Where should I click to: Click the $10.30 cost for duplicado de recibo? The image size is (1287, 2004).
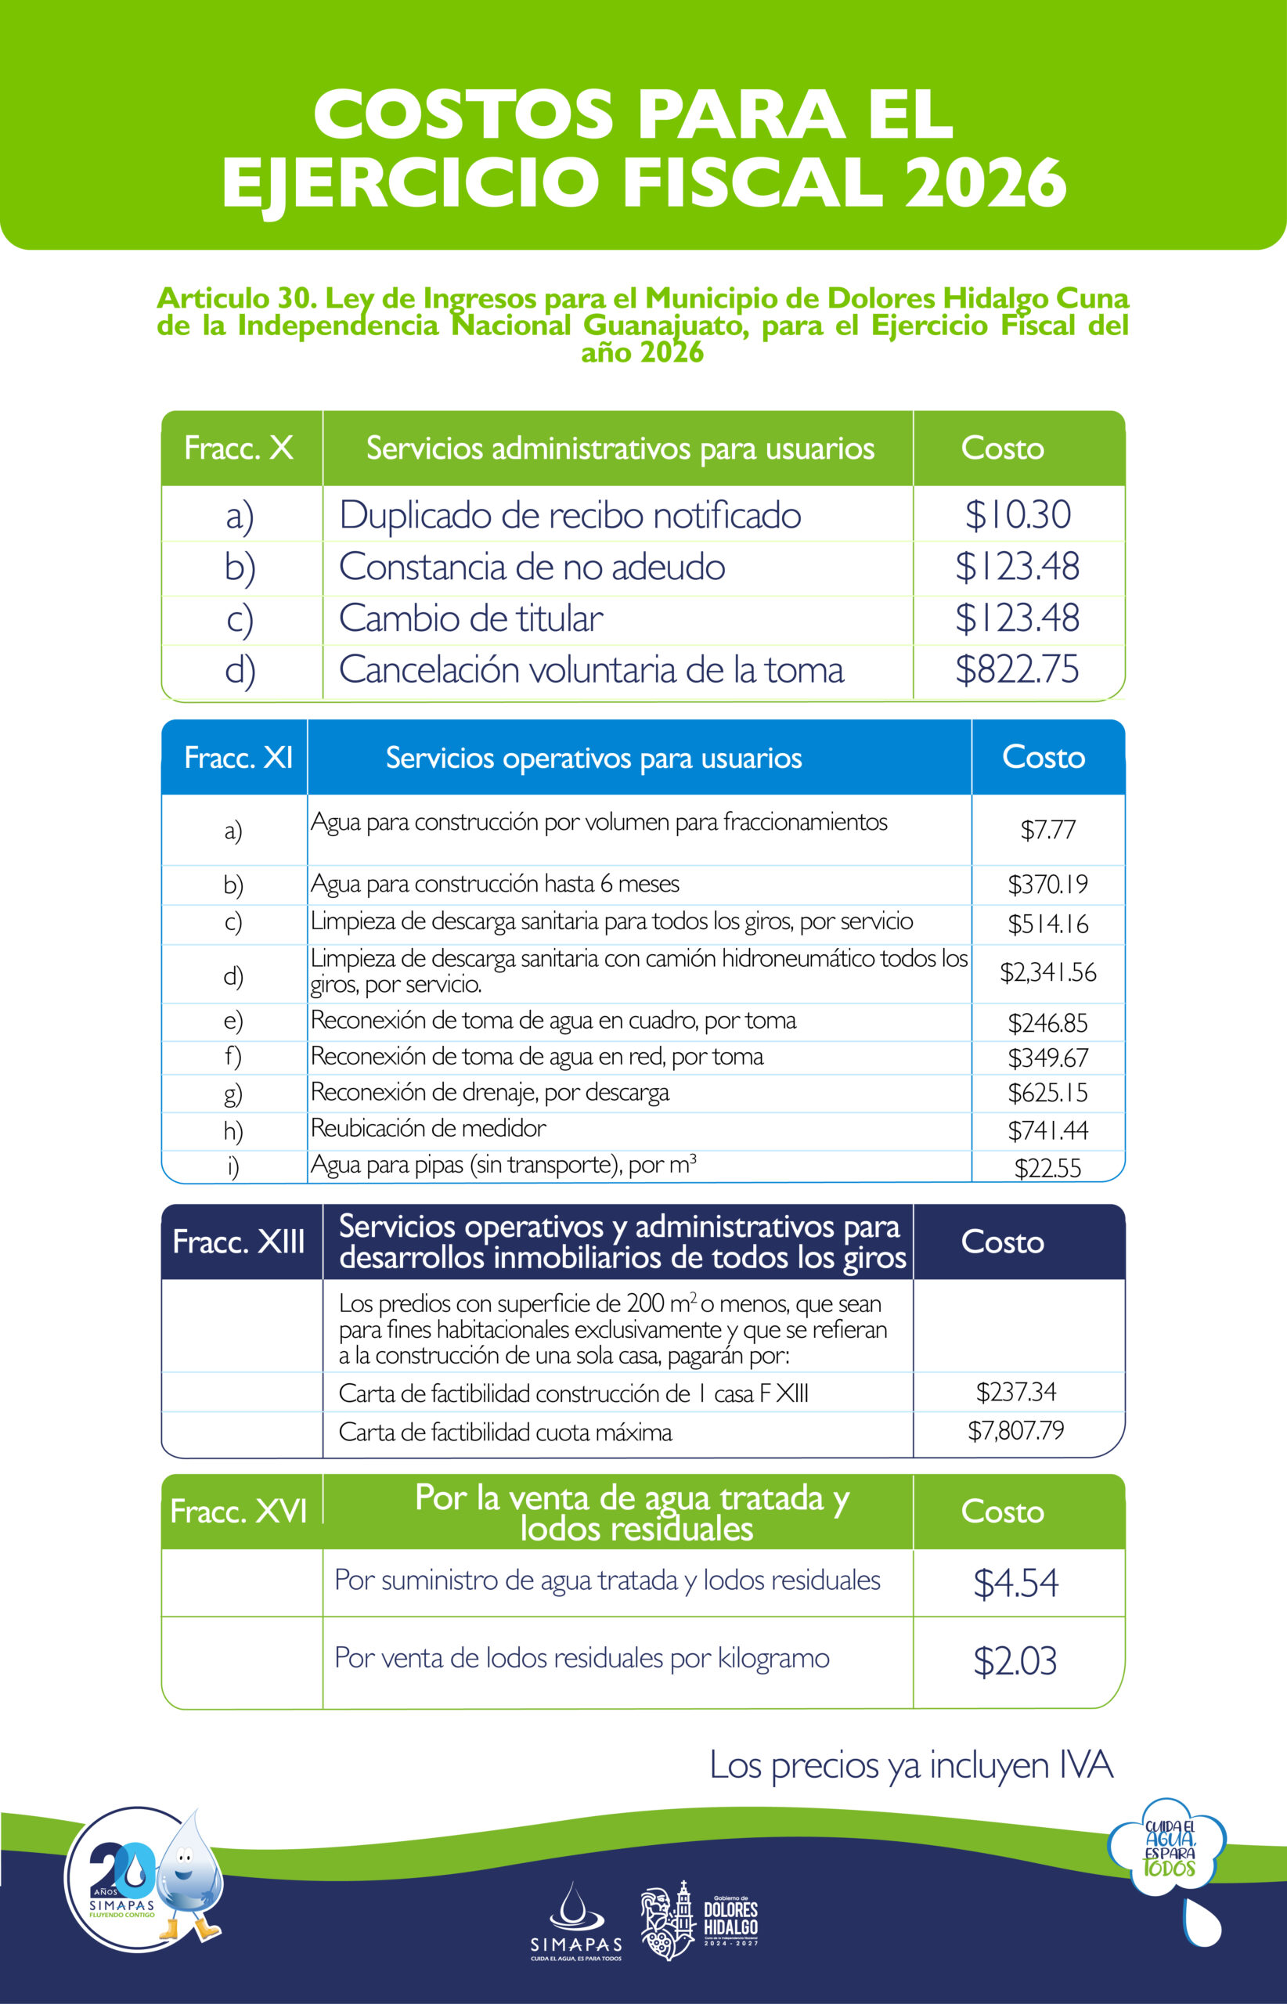pyautogui.click(x=1017, y=515)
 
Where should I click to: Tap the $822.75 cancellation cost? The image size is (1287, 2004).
pyautogui.click(x=1017, y=669)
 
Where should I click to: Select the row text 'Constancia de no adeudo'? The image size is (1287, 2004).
pyautogui.click(x=532, y=567)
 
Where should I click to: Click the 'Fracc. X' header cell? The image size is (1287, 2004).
pyautogui.click(x=239, y=448)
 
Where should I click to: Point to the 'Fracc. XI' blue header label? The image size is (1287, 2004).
pyautogui.click(x=238, y=757)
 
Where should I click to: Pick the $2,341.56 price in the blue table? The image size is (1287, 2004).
pyautogui.click(x=1048, y=972)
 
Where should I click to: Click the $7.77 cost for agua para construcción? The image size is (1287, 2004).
pyautogui.click(x=1048, y=830)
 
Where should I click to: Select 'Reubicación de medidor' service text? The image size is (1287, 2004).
pyautogui.click(x=428, y=1128)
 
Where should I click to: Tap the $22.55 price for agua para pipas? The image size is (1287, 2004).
pyautogui.click(x=1048, y=1167)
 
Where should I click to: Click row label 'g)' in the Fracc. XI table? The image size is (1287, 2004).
pyautogui.click(x=233, y=1093)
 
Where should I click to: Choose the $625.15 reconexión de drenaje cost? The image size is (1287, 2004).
pyautogui.click(x=1048, y=1093)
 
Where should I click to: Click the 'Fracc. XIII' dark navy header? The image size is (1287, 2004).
pyautogui.click(x=239, y=1242)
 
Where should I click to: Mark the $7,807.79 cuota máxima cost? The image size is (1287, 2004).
pyautogui.click(x=1016, y=1430)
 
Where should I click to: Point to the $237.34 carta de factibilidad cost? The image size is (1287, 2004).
pyautogui.click(x=1016, y=1391)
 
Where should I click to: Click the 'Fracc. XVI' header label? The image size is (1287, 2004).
pyautogui.click(x=239, y=1511)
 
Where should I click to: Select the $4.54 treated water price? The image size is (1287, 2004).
pyautogui.click(x=1016, y=1583)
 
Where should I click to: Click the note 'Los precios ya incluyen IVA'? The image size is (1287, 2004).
pyautogui.click(x=911, y=1765)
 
